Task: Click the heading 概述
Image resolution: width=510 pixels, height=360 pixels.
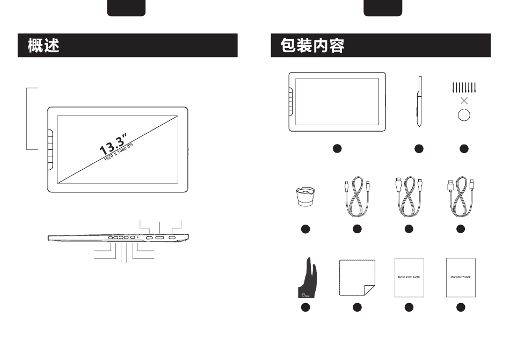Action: [44, 46]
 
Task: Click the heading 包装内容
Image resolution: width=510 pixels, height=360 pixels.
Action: [312, 46]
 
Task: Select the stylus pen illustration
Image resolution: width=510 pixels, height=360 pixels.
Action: [419, 101]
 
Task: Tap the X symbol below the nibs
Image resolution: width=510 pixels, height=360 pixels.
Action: [464, 100]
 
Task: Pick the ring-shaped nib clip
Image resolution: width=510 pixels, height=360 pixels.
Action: [464, 114]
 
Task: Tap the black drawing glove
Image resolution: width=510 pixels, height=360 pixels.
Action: [305, 277]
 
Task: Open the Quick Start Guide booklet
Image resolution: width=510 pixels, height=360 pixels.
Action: [409, 277]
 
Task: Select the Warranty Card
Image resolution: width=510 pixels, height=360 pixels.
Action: [461, 277]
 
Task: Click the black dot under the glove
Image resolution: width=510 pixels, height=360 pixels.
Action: [305, 307]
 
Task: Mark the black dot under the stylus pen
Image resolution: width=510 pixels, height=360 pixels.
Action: [419, 148]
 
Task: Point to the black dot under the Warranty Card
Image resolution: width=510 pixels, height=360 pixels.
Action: [461, 307]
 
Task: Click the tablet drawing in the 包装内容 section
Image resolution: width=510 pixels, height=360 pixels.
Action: [337, 102]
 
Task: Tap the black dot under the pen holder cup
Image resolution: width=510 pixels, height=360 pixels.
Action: [305, 229]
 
